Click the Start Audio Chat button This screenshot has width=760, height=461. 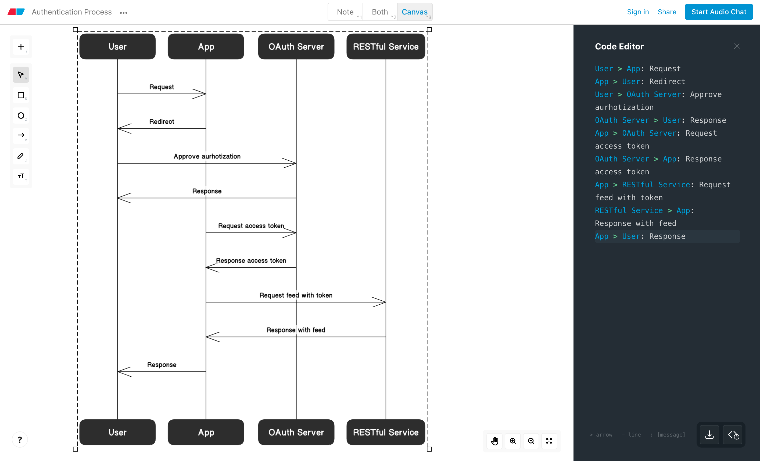click(x=719, y=12)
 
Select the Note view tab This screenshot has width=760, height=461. click(x=345, y=12)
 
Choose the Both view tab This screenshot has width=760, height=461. click(x=380, y=12)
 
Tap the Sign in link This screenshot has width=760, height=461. click(x=638, y=12)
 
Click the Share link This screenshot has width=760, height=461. click(x=667, y=12)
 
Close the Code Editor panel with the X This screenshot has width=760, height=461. click(x=737, y=46)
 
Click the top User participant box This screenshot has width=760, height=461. click(x=117, y=46)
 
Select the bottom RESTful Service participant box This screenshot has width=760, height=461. click(x=386, y=432)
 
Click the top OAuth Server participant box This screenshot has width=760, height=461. click(x=296, y=46)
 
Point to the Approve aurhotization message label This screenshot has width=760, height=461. click(x=207, y=156)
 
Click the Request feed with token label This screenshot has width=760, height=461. click(x=296, y=295)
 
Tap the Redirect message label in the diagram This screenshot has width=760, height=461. click(x=162, y=121)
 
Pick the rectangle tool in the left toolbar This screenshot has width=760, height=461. click(x=21, y=95)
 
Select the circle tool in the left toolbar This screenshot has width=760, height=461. click(x=21, y=116)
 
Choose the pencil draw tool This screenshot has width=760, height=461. click(x=21, y=156)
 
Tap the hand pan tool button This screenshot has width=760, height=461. click(x=495, y=441)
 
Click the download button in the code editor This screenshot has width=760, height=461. click(x=709, y=435)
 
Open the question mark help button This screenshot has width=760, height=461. click(x=20, y=440)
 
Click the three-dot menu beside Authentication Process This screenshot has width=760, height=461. click(x=124, y=13)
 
